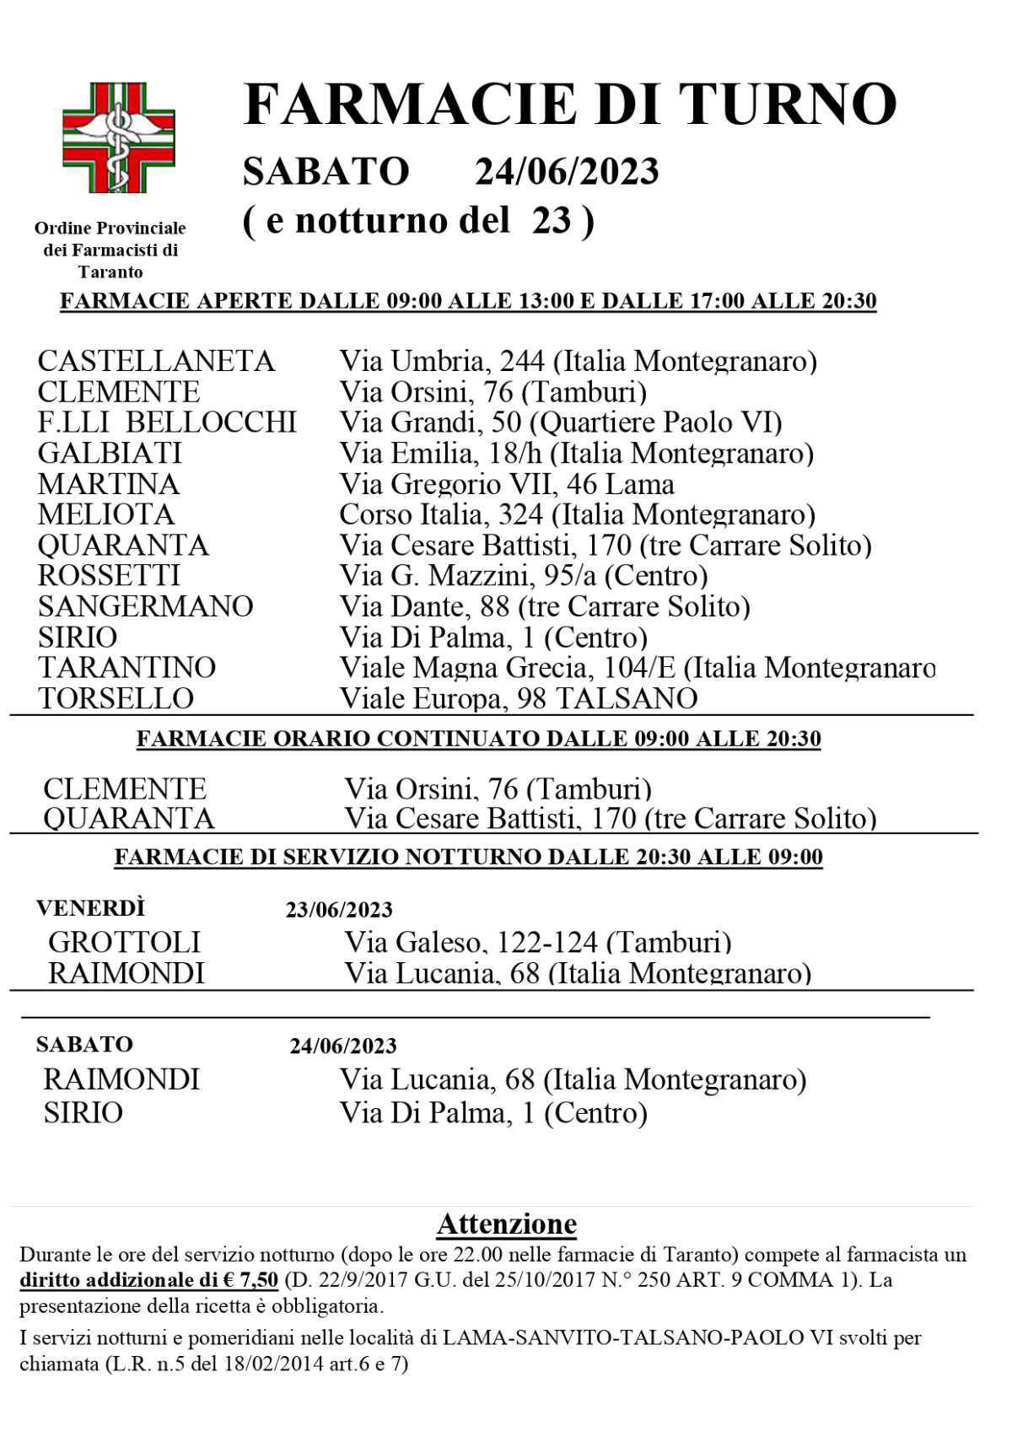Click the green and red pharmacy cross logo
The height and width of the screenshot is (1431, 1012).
118,137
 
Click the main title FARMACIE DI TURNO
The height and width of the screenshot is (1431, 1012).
569,105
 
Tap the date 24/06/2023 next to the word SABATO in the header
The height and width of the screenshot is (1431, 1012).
566,171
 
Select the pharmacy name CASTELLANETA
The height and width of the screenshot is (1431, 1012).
156,361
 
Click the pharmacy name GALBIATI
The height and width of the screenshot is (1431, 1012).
110,453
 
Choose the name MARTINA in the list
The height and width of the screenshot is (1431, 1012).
109,484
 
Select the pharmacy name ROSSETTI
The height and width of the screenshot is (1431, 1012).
109,575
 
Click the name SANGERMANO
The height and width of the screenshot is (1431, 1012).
145,606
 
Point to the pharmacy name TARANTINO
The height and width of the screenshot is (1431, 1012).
126,667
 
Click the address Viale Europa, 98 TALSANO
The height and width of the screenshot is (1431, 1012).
518,698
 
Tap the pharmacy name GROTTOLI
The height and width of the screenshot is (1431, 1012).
124,942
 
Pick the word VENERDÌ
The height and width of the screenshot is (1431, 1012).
90,908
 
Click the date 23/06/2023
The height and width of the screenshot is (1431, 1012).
339,910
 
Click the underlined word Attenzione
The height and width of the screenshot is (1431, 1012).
506,1224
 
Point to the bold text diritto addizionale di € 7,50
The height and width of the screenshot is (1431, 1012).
148,1280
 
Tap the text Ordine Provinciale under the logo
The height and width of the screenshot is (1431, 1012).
110,228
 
